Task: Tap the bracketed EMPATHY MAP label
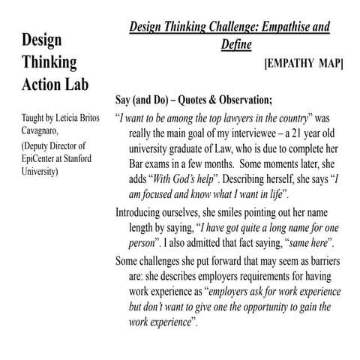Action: coord(304,64)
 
